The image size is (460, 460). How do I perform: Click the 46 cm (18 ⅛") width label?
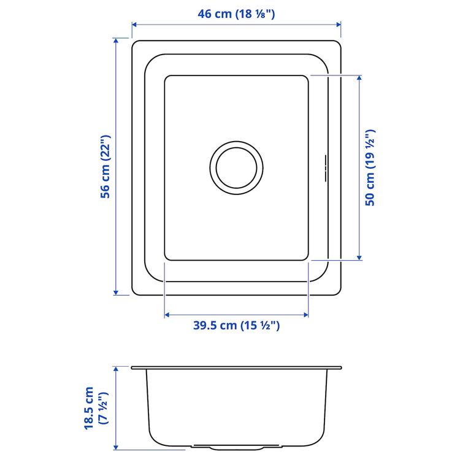point(237,13)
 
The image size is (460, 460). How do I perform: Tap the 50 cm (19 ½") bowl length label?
point(369,167)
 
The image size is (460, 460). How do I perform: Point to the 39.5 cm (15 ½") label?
point(237,326)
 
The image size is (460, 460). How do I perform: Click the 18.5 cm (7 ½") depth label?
point(96,407)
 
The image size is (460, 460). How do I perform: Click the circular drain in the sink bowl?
point(237,166)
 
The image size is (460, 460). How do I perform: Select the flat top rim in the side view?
point(237,368)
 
